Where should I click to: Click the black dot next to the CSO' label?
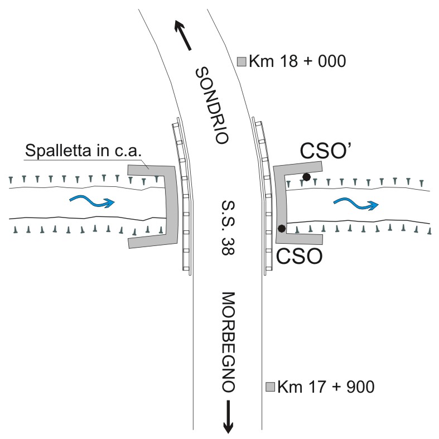pyautogui.click(x=307, y=177)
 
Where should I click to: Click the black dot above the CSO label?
pyautogui.click(x=282, y=229)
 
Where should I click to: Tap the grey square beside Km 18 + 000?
pyautogui.click(x=242, y=61)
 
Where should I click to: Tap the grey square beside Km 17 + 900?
pyautogui.click(x=270, y=387)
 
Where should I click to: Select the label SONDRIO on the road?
pyautogui.click(x=212, y=105)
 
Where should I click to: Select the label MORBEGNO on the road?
pyautogui.click(x=228, y=342)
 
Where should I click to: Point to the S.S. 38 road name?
pyautogui.click(x=228, y=228)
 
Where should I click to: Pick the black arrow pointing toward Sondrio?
pyautogui.click(x=183, y=35)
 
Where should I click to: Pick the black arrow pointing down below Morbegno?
pyautogui.click(x=228, y=417)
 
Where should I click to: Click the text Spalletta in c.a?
pyautogui.click(x=83, y=151)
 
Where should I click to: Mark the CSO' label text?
pyautogui.click(x=325, y=151)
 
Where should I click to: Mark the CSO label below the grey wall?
pyautogui.click(x=300, y=256)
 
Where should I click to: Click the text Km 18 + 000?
pyautogui.click(x=297, y=61)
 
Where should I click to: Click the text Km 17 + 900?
pyautogui.click(x=326, y=387)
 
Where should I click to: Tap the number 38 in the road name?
pyautogui.click(x=228, y=247)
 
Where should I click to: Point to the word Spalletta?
pyautogui.click(x=58, y=151)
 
